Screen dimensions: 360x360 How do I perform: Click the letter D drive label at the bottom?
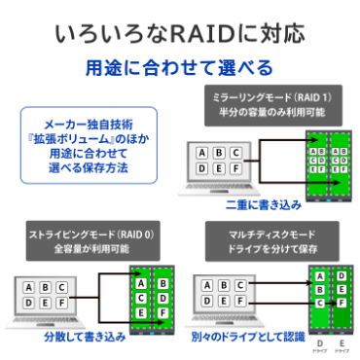tap(318, 344)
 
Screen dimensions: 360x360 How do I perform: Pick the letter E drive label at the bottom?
tap(341, 344)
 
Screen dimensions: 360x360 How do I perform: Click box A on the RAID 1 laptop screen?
tap(201, 153)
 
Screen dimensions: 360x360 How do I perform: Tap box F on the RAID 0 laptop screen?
tap(61, 302)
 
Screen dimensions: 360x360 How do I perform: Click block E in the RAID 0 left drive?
tap(141, 312)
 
